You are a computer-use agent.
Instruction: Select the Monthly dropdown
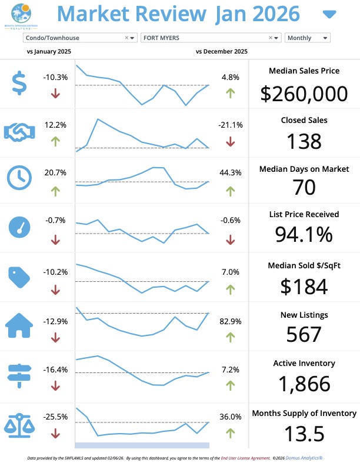(x=307, y=38)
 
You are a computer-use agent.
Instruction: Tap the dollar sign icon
(x=19, y=83)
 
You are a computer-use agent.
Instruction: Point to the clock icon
(x=19, y=177)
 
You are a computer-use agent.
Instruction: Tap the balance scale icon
(x=19, y=423)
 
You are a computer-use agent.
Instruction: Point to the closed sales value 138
(x=304, y=141)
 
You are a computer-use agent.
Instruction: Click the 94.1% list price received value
(x=304, y=234)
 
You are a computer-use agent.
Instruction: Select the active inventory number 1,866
(x=304, y=384)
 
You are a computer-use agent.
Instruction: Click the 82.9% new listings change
(x=230, y=321)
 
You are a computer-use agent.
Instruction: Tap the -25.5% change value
(x=55, y=417)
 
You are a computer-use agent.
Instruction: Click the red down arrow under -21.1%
(x=230, y=141)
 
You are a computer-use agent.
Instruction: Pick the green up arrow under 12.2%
(x=55, y=141)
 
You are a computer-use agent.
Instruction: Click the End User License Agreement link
(x=245, y=457)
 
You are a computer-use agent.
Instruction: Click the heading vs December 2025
(x=221, y=52)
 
